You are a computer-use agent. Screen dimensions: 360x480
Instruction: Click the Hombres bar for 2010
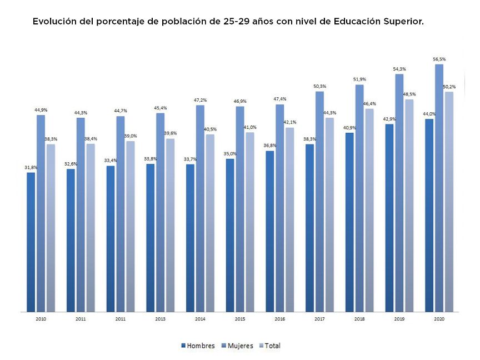[x=31, y=242]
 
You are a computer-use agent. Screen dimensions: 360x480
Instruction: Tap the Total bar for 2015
[x=250, y=222]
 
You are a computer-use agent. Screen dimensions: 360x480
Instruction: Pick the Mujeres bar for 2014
[x=200, y=208]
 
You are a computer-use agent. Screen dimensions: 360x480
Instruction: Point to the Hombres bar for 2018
[x=349, y=222]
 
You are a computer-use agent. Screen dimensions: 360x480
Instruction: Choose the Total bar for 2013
[x=170, y=225]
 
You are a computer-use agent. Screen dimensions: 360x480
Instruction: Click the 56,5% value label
[x=439, y=59]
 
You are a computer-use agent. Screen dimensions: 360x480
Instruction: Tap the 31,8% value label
[x=31, y=167]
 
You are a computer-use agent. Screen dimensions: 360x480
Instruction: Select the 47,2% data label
[x=200, y=100]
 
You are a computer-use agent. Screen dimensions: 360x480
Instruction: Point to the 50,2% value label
[x=449, y=87]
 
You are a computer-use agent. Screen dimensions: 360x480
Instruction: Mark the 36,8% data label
[x=270, y=146]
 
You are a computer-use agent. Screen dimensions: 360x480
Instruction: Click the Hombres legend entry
[x=198, y=346]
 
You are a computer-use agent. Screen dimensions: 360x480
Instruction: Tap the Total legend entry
[x=272, y=346]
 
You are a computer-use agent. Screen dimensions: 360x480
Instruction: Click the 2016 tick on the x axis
[x=279, y=319]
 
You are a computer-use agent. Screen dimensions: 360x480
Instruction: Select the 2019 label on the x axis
[x=399, y=319]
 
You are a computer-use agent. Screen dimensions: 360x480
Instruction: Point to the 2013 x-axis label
[x=160, y=319]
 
